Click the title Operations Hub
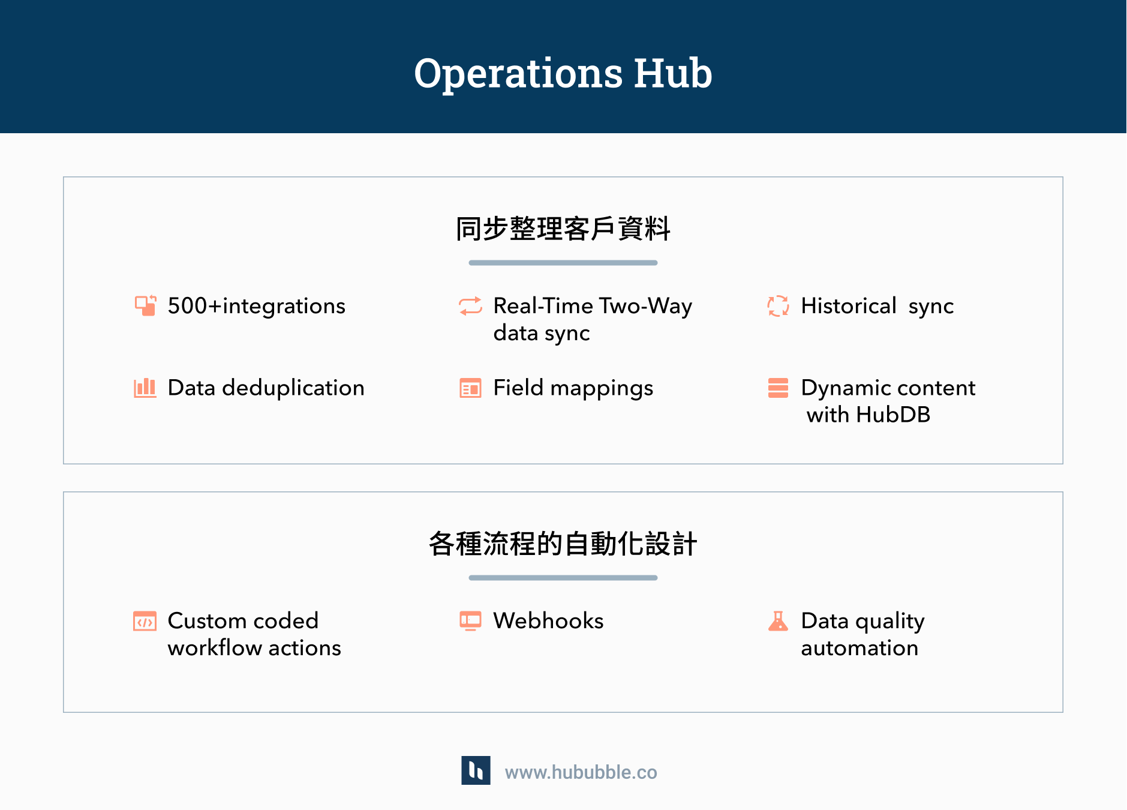563,73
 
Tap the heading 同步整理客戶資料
563,229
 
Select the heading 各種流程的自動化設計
563,544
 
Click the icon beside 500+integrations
146,305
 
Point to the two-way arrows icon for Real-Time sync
470,305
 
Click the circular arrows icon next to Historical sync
778,305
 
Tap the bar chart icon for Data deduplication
145,388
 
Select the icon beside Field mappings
470,388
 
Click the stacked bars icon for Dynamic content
778,388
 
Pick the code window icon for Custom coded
145,621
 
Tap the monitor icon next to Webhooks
470,620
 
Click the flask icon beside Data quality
778,621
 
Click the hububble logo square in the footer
476,770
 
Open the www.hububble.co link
581,772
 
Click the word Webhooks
548,620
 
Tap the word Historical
849,306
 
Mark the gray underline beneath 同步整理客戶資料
563,263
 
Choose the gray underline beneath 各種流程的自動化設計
563,578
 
